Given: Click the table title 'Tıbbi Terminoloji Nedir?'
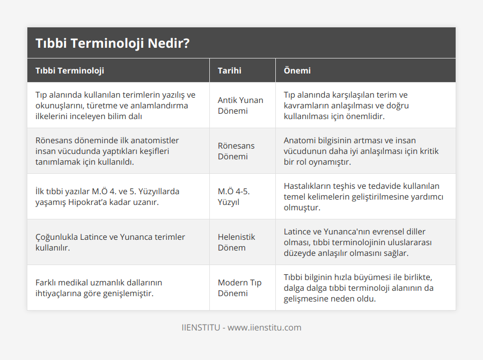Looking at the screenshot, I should coord(112,43).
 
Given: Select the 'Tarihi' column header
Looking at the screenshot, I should coord(229,70).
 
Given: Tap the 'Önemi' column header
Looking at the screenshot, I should coord(297,70).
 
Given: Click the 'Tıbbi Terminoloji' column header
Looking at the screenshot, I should coord(70,70).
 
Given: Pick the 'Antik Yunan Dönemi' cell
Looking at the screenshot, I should coord(240,105).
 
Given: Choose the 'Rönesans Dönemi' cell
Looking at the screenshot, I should coord(236,151).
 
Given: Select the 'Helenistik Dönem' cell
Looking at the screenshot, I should coord(236,242).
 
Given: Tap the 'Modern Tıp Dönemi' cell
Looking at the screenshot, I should coord(239,288).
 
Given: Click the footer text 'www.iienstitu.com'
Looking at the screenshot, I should coord(265,327).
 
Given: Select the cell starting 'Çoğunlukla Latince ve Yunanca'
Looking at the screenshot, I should coord(110,242).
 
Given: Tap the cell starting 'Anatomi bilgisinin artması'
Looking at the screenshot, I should coord(361,151).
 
